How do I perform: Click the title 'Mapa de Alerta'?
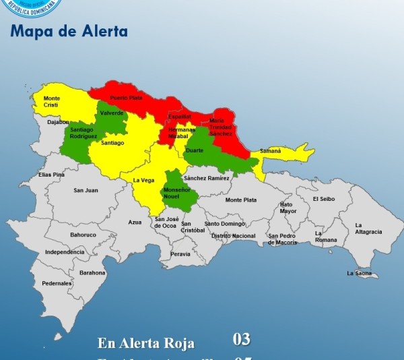[x=69, y=32]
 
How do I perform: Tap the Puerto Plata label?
[x=127, y=98]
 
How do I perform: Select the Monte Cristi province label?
[x=51, y=102]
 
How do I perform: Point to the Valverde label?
[x=111, y=113]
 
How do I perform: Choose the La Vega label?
[x=143, y=180]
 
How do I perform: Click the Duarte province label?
[x=195, y=150]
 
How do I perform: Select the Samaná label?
[x=270, y=152]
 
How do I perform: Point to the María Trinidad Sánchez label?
[x=220, y=127]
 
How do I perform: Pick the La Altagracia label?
[x=368, y=228]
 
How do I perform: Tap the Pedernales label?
[x=57, y=283]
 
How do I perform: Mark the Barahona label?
[x=92, y=272]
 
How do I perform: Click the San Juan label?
[x=86, y=190]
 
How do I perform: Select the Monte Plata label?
[x=240, y=200]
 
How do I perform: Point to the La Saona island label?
[x=359, y=273]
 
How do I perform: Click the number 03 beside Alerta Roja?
[x=241, y=339]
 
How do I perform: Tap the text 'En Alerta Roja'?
[x=145, y=343]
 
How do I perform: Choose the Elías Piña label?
[x=51, y=175]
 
